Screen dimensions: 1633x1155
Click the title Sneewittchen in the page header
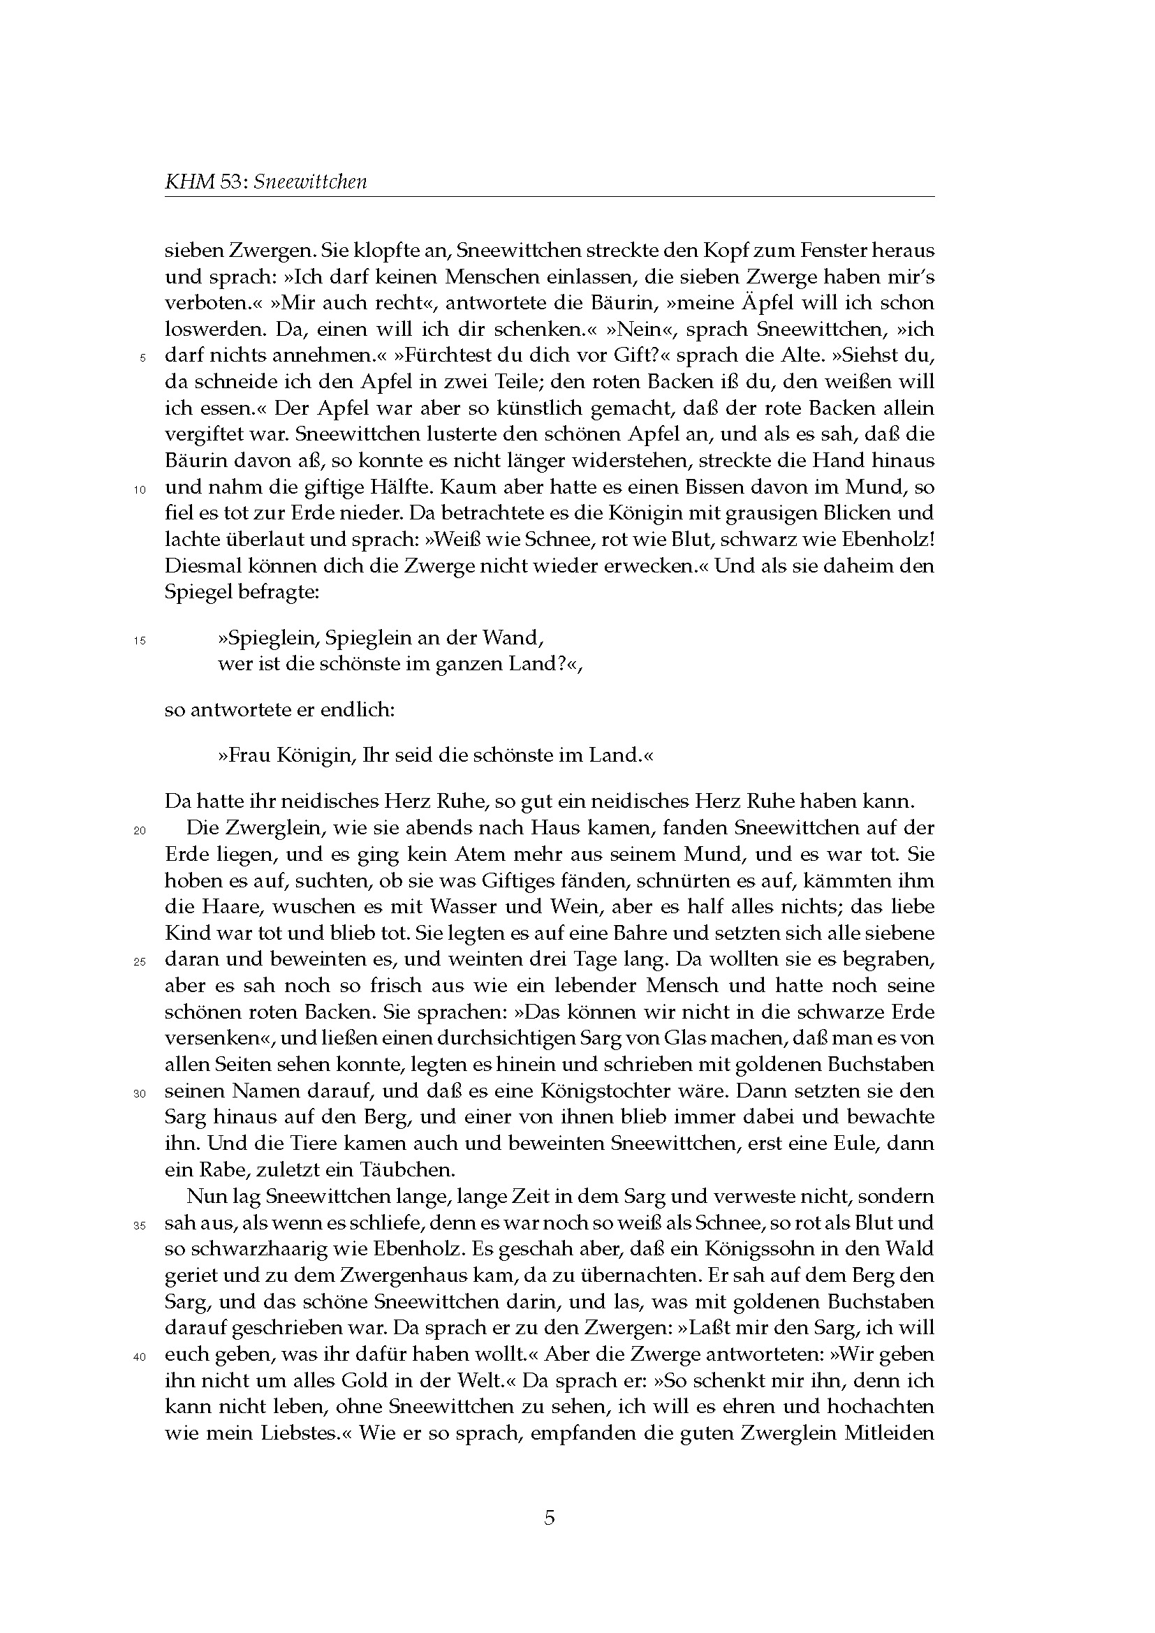(311, 182)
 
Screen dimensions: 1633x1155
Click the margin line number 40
(139, 1357)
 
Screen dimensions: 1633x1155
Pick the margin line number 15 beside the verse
(139, 641)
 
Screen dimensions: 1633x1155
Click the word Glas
(686, 1038)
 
